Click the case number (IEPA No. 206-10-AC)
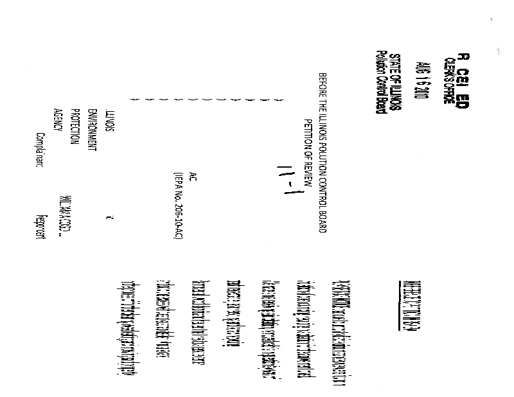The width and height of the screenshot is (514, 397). pyautogui.click(x=172, y=206)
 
